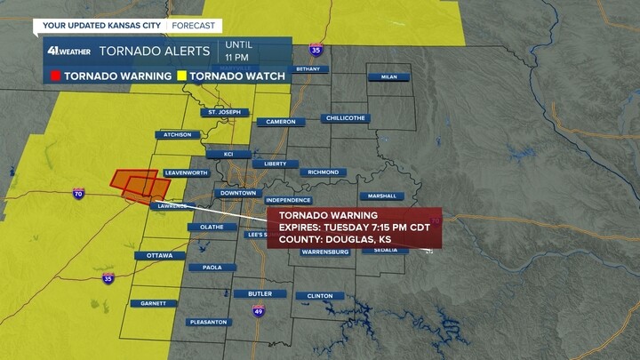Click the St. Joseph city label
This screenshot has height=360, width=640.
coord(224,113)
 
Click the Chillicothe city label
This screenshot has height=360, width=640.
coord(347,118)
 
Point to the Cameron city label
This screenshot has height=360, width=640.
coord(281,122)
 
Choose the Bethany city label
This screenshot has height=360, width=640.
coord(308,68)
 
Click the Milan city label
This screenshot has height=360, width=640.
coord(388,77)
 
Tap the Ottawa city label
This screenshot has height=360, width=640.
coord(160,256)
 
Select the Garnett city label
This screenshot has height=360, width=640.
coord(154,303)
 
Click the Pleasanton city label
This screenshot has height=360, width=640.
coord(209,322)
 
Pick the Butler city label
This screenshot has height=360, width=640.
coord(260,293)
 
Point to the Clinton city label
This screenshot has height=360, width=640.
coord(320,296)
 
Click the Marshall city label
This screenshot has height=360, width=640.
coord(382,196)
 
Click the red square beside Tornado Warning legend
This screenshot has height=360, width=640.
coord(53,76)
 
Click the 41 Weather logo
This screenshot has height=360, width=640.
coord(69,51)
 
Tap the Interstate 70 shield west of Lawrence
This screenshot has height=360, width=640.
coord(79,193)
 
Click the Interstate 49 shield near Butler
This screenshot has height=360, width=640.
coord(259,311)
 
